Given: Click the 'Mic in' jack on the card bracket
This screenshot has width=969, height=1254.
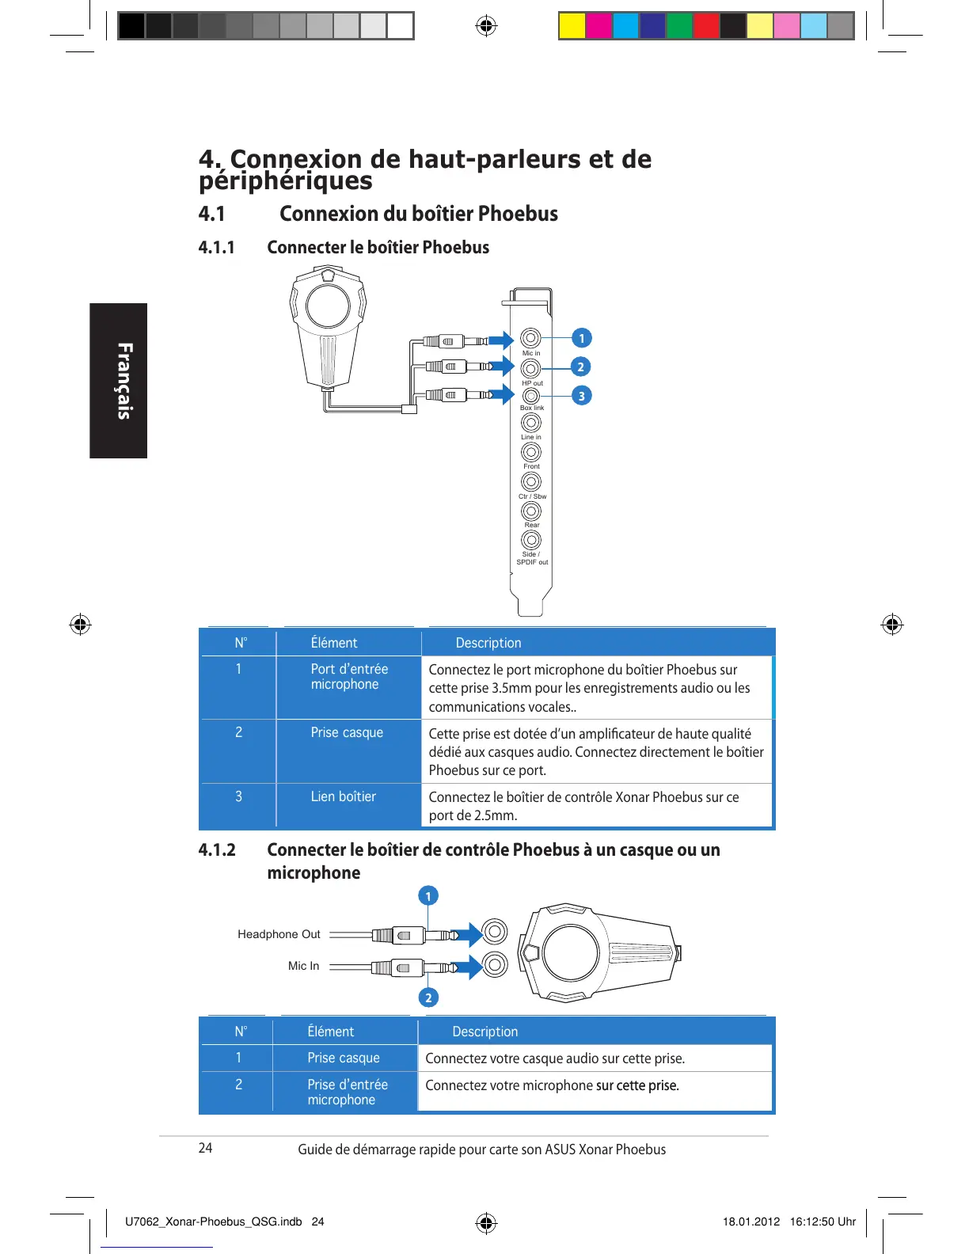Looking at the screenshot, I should click(531, 339).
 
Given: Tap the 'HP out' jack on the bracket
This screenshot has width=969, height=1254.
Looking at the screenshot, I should click(531, 368).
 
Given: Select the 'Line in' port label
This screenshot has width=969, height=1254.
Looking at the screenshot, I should click(531, 437).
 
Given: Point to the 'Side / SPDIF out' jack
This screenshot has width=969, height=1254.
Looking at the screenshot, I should click(531, 540).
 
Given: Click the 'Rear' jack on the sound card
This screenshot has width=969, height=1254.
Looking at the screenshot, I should click(531, 511).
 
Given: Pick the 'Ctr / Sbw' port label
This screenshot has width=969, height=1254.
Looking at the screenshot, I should click(532, 496).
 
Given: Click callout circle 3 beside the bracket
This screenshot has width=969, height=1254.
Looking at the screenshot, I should click(581, 396).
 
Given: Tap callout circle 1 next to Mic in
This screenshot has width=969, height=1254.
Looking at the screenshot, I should click(581, 338).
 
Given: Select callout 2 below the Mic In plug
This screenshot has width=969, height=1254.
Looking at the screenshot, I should click(428, 997).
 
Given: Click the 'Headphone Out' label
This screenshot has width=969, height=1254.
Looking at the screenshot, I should click(279, 934).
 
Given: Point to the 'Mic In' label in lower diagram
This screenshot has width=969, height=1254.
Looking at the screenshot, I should click(303, 966).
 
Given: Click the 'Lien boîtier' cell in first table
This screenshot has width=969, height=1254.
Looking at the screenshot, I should click(343, 796).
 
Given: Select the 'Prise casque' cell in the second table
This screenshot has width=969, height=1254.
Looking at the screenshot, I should click(344, 1058).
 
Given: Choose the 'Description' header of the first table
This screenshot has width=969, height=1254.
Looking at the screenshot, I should click(488, 643).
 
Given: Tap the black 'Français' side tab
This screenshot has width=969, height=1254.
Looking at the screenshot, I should click(119, 381).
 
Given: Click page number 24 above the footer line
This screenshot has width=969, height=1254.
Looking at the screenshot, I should click(205, 1148).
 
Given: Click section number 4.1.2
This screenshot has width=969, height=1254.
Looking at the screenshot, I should click(217, 850).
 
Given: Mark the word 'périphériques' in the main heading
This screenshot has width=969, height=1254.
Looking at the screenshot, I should click(285, 181).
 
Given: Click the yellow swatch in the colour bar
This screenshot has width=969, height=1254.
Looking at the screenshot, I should click(572, 26).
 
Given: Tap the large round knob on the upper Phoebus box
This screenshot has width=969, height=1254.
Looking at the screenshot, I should click(328, 305).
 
